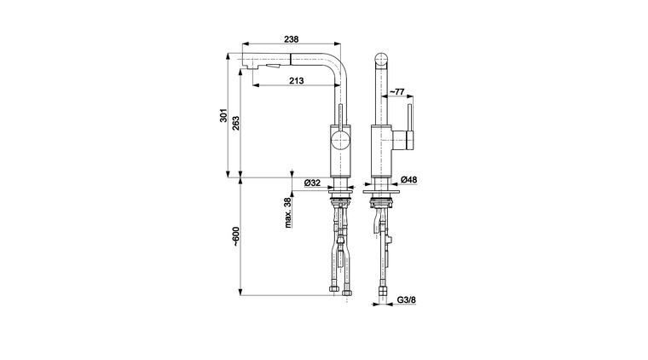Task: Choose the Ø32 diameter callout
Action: [311, 183]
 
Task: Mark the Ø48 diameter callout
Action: [408, 180]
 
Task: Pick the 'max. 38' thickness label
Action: [289, 213]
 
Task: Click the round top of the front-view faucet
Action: [380, 61]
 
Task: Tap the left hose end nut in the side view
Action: [333, 293]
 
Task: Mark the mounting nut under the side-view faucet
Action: [339, 201]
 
